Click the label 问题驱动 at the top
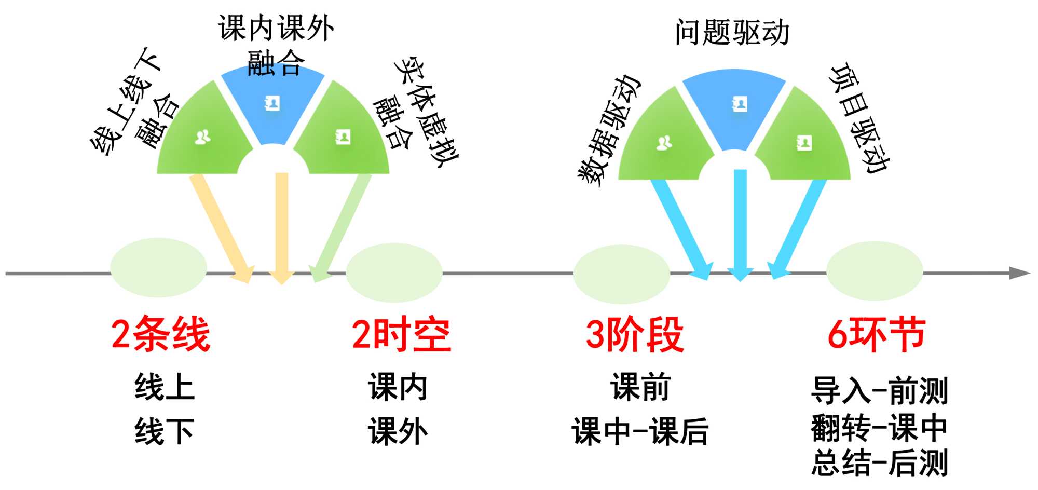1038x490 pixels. coord(732,33)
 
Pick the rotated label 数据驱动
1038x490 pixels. coord(609,130)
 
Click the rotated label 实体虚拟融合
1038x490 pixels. coord(415,112)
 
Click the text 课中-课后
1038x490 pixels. coord(640,431)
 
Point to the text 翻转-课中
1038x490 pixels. coord(879,428)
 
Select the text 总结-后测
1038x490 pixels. coord(879,462)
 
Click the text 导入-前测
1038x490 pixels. coord(879,391)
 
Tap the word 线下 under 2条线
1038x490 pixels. coord(165,431)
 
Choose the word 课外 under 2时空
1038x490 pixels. coord(398,431)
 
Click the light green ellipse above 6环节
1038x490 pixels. coord(875,271)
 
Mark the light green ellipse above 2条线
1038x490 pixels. coord(158,268)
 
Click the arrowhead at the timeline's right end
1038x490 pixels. coord(1019,273)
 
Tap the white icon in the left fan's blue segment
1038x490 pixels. coord(272,103)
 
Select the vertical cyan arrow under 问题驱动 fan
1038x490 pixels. coord(740,223)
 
